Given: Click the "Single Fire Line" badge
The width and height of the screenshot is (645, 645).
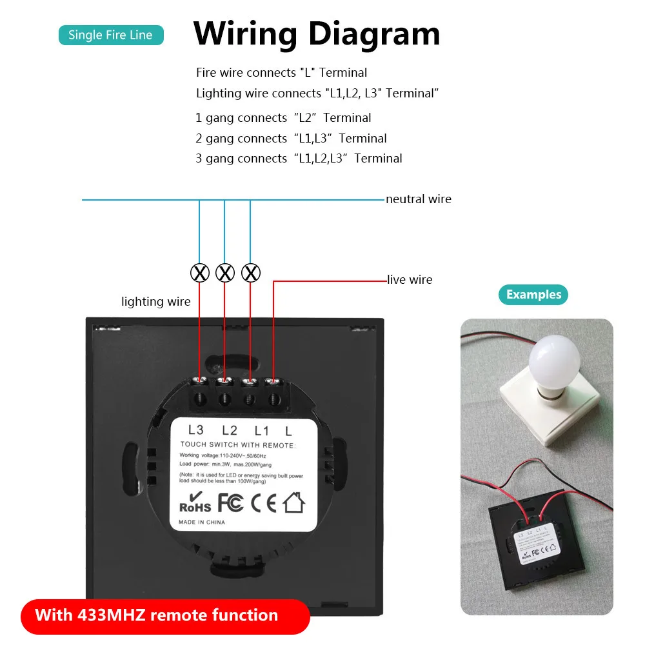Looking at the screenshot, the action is (111, 35).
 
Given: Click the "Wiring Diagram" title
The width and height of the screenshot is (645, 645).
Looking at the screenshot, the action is (317, 34).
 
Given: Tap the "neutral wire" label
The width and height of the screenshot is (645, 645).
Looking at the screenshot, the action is (419, 199).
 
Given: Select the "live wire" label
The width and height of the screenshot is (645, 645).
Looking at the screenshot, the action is (410, 280).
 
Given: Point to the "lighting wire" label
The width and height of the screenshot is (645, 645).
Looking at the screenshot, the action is (156, 302).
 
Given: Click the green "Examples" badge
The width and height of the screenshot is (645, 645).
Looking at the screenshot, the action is (533, 295).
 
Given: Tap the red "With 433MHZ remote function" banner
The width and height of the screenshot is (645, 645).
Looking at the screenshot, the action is (157, 615).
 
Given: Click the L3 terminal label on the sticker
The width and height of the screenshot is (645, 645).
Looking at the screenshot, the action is (195, 430).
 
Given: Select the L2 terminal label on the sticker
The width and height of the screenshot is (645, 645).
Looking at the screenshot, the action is (229, 430).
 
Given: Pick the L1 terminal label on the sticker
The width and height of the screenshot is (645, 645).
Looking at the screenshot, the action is (261, 430).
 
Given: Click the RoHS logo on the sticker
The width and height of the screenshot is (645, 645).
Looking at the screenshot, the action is (195, 502).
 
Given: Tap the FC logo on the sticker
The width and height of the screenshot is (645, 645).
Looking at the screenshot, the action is (230, 502).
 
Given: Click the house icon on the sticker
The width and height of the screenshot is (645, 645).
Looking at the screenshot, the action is (293, 501).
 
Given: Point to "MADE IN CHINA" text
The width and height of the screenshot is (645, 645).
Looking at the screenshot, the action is (202, 522).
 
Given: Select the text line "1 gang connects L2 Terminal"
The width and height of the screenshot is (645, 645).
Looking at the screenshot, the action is (283, 118).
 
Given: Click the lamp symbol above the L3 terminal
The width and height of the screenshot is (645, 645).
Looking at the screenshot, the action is (200, 273).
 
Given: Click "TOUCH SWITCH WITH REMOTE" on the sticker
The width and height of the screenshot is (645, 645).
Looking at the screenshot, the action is (237, 445).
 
